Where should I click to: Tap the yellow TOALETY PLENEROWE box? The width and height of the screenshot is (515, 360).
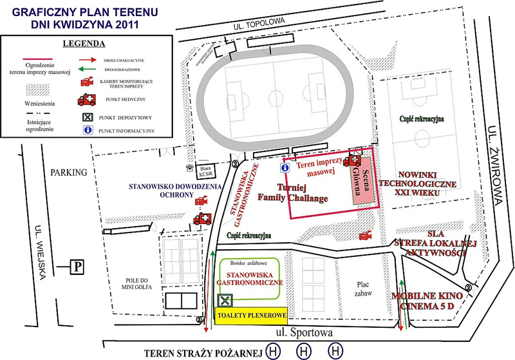tap(250, 316)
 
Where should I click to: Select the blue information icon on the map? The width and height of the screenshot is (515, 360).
tap(285, 167)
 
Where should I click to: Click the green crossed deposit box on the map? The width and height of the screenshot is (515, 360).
tap(225, 300)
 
